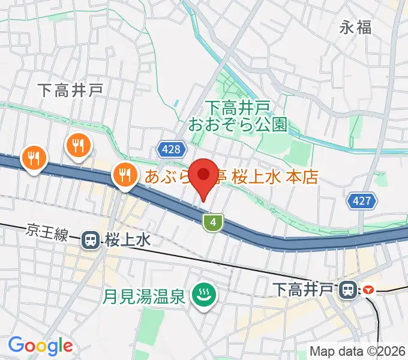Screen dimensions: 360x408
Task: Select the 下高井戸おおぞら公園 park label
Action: (x=238, y=116)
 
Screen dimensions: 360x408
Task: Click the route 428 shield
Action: (x=170, y=149)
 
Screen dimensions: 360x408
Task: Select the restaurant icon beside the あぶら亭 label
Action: (x=124, y=175)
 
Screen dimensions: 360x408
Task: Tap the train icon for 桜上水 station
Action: (x=91, y=240)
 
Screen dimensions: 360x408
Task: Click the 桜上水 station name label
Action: (x=127, y=241)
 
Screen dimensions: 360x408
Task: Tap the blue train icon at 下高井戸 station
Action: (x=347, y=290)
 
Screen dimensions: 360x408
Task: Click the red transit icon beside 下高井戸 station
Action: (x=367, y=290)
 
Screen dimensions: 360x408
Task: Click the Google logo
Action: (x=40, y=346)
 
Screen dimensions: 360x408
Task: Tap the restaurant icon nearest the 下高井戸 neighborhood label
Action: (x=78, y=145)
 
